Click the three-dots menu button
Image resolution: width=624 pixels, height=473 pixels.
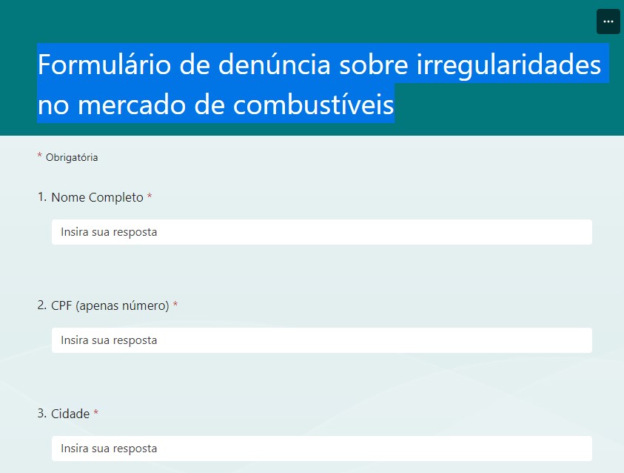pyautogui.click(x=608, y=21)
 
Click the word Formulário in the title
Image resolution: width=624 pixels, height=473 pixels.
pyautogui.click(x=104, y=64)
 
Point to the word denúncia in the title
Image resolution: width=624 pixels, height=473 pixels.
pyautogui.click(x=274, y=64)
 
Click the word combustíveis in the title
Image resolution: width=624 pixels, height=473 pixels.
pyautogui.click(x=313, y=105)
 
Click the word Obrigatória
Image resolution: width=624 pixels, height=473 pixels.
pyautogui.click(x=72, y=157)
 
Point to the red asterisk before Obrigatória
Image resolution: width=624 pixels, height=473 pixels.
pyautogui.click(x=39, y=155)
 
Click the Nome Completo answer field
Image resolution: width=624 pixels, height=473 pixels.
pyautogui.click(x=322, y=232)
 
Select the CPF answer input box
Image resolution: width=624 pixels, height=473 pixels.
pyautogui.click(x=322, y=340)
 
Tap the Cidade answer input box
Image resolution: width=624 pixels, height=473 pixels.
pyautogui.click(x=322, y=449)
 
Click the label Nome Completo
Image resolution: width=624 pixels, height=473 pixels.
pyautogui.click(x=97, y=197)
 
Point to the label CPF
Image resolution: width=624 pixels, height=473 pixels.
pyautogui.click(x=61, y=305)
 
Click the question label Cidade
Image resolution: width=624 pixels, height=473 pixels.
pyautogui.click(x=70, y=414)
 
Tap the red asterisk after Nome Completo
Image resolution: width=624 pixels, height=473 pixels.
pyautogui.click(x=150, y=196)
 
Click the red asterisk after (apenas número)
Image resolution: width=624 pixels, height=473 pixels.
pyautogui.click(x=175, y=304)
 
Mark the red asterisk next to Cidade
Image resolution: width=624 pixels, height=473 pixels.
pyautogui.click(x=96, y=412)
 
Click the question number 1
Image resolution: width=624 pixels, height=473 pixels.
pyautogui.click(x=41, y=197)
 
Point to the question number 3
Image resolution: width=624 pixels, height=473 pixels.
pyautogui.click(x=41, y=414)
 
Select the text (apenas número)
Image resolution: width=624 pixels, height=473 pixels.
pyautogui.click(x=122, y=306)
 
